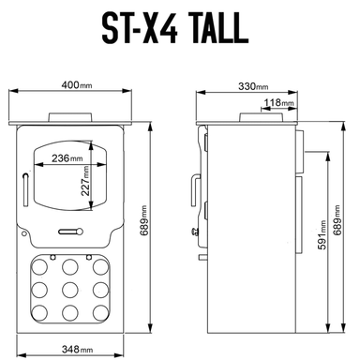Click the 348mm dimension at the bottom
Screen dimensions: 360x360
[79, 349]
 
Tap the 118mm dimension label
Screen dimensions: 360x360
[278, 102]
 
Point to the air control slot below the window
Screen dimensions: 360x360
[71, 230]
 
